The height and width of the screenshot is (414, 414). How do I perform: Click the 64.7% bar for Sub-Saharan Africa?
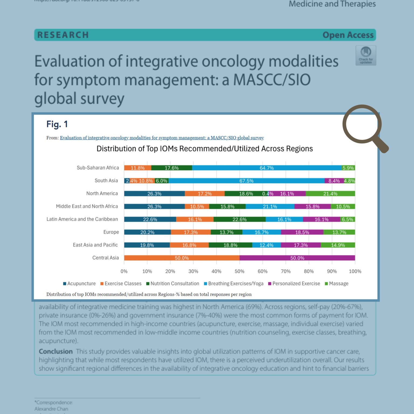pos(267,168)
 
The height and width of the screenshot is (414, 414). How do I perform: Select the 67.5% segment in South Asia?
pos(246,181)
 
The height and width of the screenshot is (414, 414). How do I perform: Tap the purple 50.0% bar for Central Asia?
pos(297,258)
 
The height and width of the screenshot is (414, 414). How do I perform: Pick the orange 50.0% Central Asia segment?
pos(182,258)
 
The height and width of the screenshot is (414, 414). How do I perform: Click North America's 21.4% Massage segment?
pos(330,194)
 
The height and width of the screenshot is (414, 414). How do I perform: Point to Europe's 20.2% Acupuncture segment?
pos(147,232)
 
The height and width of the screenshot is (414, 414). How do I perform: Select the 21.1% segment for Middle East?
pos(270,206)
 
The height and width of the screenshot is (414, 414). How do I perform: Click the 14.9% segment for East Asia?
pos(338,245)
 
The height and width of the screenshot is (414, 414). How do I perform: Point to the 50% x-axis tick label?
pos(239,271)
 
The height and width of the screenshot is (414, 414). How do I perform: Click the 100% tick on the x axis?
pos(355,271)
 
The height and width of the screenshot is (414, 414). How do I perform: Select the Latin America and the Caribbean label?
pos(82,219)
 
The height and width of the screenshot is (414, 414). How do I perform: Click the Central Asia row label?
pos(105,258)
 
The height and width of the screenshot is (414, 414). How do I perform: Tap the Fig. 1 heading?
pos(57,124)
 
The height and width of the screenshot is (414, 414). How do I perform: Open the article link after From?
pos(162,138)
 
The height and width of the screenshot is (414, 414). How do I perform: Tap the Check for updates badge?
pos(366,55)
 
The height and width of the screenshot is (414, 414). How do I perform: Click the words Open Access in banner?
pos(348,35)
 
